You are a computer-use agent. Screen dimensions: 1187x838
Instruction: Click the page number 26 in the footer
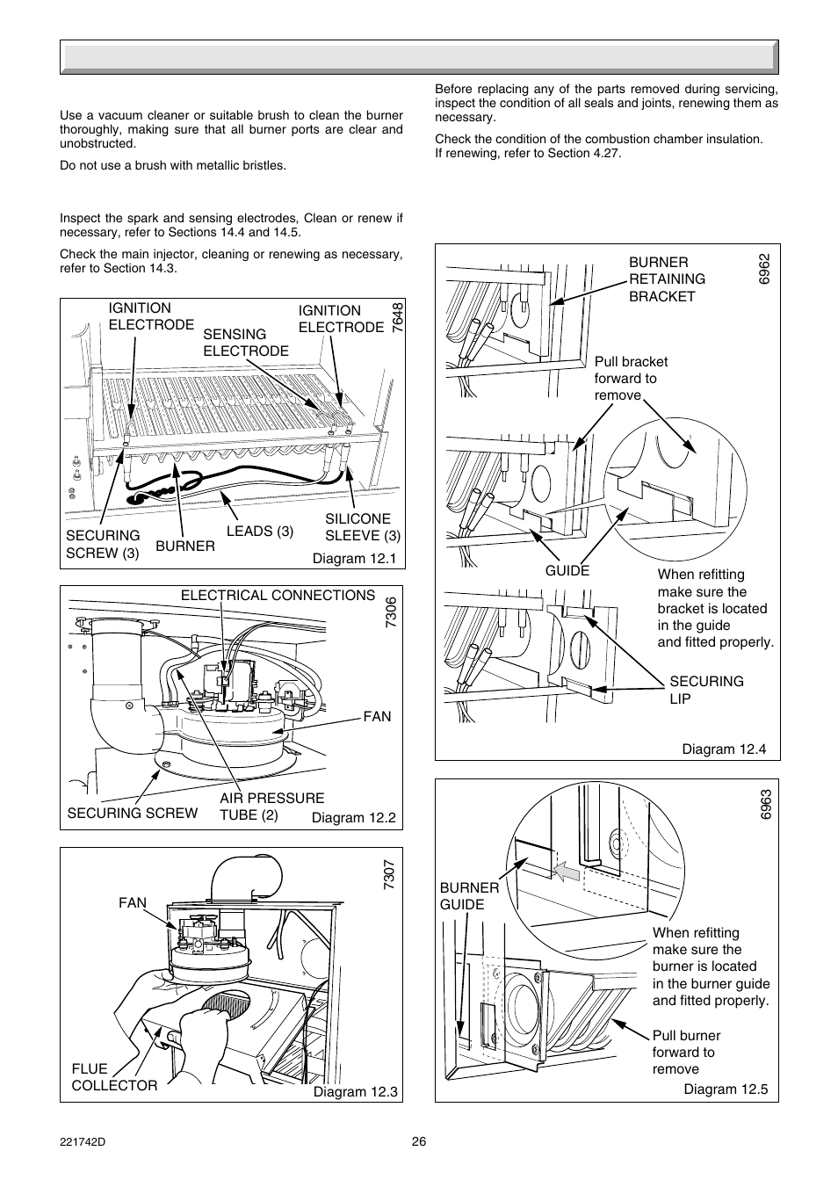tap(418, 1141)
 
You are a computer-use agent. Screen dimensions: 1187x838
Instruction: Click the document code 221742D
tap(82, 1141)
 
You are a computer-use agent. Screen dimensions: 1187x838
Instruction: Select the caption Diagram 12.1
tap(355, 559)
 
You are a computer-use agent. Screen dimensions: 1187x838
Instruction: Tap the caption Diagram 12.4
tap(725, 749)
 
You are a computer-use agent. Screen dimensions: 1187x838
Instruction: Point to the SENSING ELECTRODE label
tap(246, 343)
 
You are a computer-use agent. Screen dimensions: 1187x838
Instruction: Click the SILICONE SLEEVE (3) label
tap(363, 527)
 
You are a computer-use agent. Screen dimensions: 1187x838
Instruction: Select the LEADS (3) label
tap(260, 532)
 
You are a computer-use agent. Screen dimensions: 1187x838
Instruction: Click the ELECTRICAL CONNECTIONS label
tap(278, 596)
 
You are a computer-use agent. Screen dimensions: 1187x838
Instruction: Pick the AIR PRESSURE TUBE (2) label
tap(271, 807)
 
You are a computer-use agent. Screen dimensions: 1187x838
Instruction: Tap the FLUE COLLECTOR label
tap(114, 1077)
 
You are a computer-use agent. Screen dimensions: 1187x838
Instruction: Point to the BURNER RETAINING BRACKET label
tap(667, 279)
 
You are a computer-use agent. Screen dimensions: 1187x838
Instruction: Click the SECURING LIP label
tap(706, 690)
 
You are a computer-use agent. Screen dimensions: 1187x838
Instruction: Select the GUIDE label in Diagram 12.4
tap(567, 571)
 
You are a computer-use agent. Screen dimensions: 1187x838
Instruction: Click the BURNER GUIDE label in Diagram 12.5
tap(469, 896)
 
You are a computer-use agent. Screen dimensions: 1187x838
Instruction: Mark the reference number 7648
tap(398, 316)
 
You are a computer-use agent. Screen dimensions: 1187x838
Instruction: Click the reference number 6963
tap(766, 806)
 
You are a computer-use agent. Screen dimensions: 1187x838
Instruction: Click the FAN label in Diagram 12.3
tap(133, 902)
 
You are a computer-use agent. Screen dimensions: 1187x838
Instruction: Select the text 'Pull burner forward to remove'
tap(686, 1053)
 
